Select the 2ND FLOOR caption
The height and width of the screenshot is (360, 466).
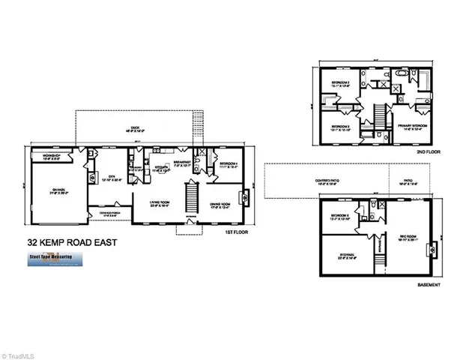point(426,151)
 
